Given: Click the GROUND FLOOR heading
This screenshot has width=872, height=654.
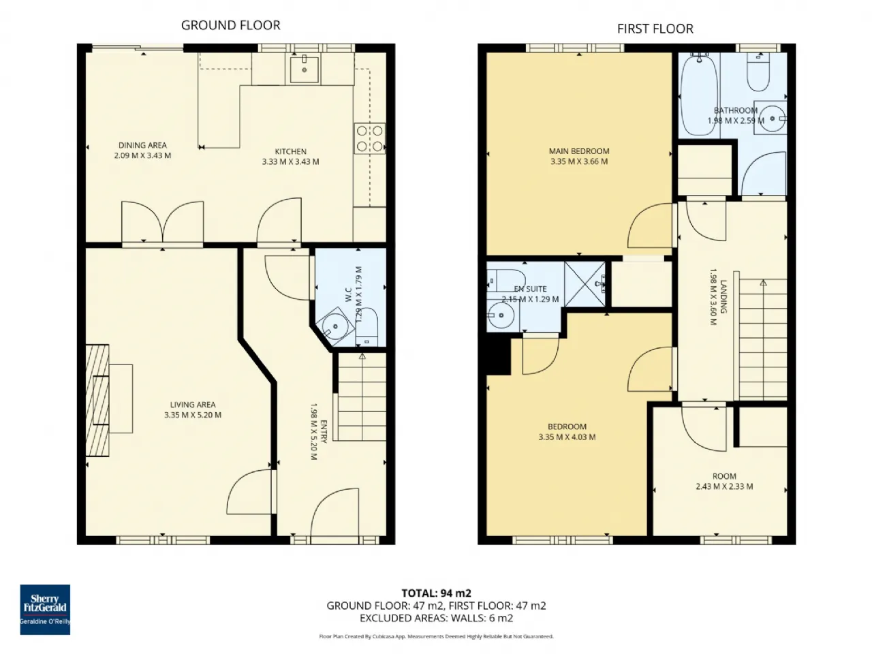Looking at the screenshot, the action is (230, 25).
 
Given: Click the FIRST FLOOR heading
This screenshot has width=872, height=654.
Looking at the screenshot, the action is (655, 29).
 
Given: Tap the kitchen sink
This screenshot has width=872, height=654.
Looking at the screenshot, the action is (305, 69).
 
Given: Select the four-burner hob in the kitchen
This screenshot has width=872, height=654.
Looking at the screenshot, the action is (369, 138).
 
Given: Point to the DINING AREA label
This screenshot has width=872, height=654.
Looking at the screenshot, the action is (142, 145).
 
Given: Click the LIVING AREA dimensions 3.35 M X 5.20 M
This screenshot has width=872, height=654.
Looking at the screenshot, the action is (193, 415).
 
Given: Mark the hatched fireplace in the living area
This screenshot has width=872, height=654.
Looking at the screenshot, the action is (97, 400).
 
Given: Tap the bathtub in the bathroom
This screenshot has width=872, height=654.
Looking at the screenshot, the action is (699, 95).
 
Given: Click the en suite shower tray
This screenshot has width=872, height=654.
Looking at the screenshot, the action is (585, 283).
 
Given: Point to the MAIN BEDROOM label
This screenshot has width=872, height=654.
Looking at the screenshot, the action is (579, 151).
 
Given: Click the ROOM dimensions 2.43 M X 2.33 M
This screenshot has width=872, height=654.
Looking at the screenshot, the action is (724, 486).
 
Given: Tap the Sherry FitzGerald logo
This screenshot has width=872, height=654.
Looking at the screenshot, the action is (45, 609).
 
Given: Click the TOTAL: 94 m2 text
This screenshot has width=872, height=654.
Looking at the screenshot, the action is (436, 593).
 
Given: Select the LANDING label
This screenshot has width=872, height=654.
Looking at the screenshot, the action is (723, 296).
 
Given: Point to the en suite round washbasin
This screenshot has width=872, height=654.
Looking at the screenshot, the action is (501, 315).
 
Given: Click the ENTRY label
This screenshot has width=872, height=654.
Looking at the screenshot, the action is (324, 432).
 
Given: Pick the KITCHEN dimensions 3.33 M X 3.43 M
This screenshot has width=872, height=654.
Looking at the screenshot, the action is (290, 161).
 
